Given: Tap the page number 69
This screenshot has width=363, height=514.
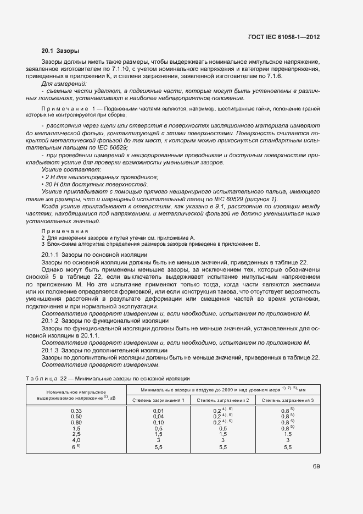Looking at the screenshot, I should coord(316,467).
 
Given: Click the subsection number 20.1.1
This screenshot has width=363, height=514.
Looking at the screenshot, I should coord(51,255).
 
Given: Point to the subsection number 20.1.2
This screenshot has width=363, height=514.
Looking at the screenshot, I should coord(51,320).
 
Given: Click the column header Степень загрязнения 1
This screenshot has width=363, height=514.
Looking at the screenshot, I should coord(158,399).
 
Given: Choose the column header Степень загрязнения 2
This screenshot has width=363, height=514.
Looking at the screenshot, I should coord(222,399).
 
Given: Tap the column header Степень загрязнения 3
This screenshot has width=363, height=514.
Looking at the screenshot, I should coord(287,399).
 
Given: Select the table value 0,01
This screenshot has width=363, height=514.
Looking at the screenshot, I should coord(158,411).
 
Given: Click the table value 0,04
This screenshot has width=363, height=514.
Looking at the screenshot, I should coord(158,417).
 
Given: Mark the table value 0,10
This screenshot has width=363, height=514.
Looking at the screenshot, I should coord(158,423).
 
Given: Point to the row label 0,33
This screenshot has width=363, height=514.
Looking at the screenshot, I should coord(76,411).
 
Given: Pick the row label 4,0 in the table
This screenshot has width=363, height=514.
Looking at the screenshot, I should coord(76,440).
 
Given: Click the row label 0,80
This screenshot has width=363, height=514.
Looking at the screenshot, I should coord(76,423).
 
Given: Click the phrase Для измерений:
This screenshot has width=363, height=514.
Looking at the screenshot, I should coord(60,83).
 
